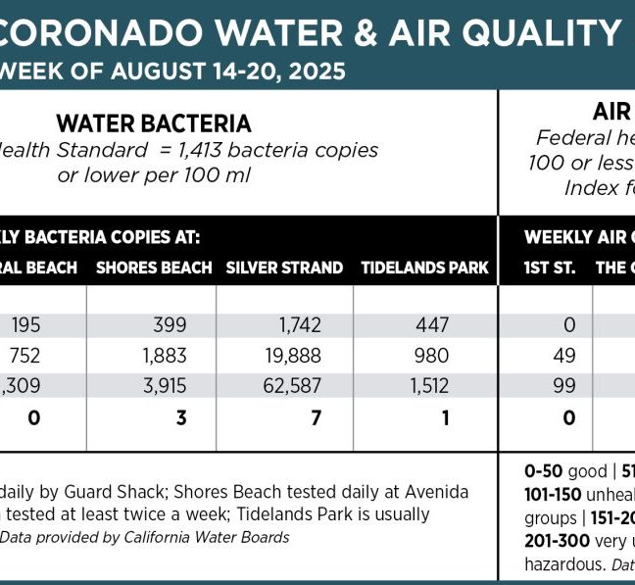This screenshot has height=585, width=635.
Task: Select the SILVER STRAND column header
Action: point(284,268)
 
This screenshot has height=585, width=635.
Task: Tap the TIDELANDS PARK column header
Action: point(424,268)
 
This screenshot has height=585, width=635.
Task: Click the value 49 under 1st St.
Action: point(564,356)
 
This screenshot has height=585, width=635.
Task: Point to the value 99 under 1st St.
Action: point(564,386)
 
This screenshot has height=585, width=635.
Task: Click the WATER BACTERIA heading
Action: point(154,123)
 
